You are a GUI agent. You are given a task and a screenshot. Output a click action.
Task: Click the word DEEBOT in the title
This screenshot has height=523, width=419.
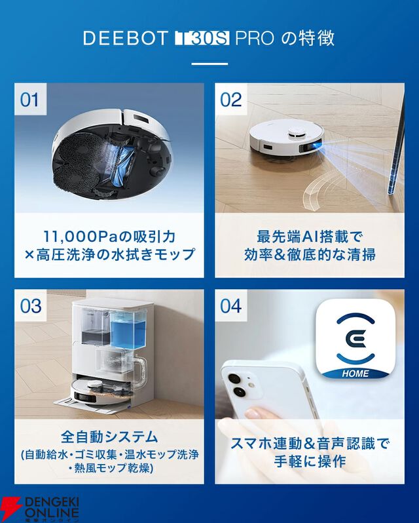125,38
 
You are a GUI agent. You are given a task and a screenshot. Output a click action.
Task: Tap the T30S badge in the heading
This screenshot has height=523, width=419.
202,39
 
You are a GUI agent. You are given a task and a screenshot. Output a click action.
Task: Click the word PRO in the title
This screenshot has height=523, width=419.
255,38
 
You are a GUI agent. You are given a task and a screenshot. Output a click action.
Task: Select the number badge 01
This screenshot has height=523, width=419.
30,100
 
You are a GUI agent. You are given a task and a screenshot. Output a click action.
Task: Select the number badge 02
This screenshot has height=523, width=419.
231,100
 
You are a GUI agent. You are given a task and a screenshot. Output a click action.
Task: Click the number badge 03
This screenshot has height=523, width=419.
31,305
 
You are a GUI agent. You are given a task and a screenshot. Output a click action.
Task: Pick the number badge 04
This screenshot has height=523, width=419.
231,305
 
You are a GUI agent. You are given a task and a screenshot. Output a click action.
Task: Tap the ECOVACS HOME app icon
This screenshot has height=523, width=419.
355,339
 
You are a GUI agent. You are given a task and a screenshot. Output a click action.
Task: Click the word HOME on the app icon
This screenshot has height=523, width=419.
355,373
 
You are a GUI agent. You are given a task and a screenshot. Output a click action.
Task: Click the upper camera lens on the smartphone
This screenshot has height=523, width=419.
234,379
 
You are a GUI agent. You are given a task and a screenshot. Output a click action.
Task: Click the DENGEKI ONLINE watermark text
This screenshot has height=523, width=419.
52,508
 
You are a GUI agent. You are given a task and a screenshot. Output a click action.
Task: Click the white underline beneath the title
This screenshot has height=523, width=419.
209,64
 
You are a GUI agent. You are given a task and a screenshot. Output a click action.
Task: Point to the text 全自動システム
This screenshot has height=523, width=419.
109,436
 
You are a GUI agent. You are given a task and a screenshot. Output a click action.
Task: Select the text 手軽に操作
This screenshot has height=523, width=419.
310,461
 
